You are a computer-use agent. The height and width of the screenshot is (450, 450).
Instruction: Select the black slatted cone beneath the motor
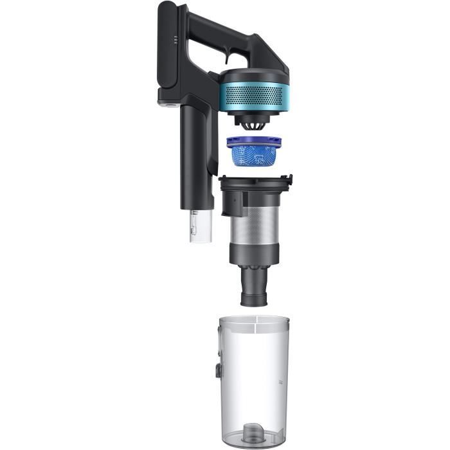coord(254,120)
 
